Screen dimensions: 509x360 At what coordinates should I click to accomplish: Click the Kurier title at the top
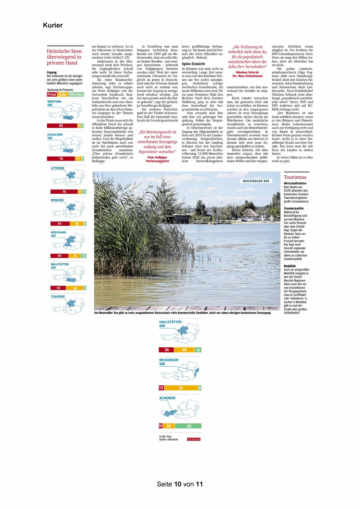click(x=53, y=25)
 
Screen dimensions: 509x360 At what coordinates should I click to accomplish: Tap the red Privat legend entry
click(x=52, y=95)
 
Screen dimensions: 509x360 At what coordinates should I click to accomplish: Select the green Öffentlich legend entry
click(x=76, y=95)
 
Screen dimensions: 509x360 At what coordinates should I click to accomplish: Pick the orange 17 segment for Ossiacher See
click(x=78, y=159)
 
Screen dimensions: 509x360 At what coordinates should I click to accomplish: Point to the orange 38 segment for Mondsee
click(x=77, y=224)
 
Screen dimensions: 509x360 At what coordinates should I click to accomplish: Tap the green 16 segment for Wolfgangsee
click(x=84, y=256)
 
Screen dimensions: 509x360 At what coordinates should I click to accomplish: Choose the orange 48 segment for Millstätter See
click(x=75, y=288)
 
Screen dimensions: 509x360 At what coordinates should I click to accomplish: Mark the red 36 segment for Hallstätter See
click(x=167, y=350)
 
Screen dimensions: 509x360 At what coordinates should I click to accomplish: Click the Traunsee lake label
click(x=58, y=297)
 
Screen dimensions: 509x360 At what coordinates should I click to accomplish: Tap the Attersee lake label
click(x=58, y=168)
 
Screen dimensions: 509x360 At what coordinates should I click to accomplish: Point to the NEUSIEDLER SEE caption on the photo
click(x=256, y=181)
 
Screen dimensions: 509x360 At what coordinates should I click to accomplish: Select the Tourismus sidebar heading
click(x=295, y=177)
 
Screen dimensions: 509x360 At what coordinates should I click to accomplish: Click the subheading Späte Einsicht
click(x=193, y=64)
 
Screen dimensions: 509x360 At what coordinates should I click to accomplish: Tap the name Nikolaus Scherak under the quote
click(x=247, y=72)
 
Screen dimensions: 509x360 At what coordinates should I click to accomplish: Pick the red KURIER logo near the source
click(x=194, y=439)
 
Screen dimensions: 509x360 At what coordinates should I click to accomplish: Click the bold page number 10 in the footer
click(x=178, y=484)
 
